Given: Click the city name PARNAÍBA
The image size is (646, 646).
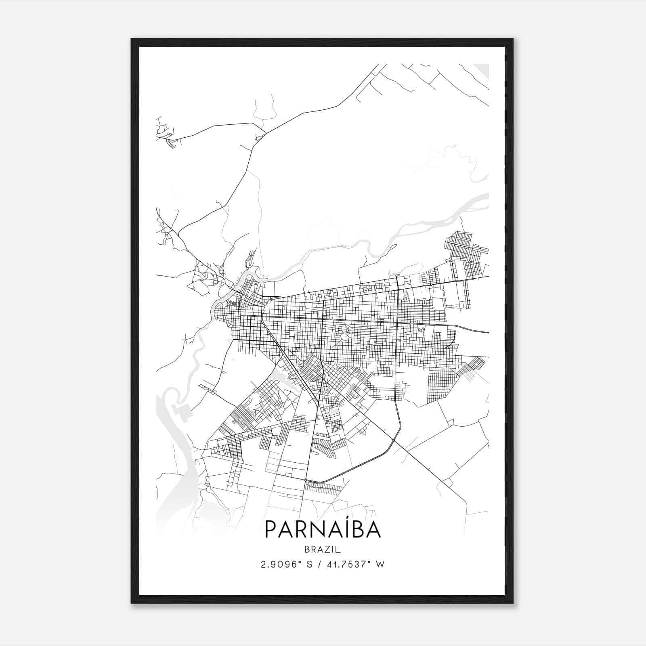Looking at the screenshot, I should coord(323,529).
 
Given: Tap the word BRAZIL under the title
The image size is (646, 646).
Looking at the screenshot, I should coord(323,550).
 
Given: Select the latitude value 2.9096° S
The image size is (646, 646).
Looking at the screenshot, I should coord(286,564).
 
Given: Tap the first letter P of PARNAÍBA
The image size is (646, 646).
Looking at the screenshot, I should coord(271,530).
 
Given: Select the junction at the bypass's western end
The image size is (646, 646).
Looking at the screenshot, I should coord(306,480).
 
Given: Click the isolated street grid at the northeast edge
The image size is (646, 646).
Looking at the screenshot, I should coord(464,248).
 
